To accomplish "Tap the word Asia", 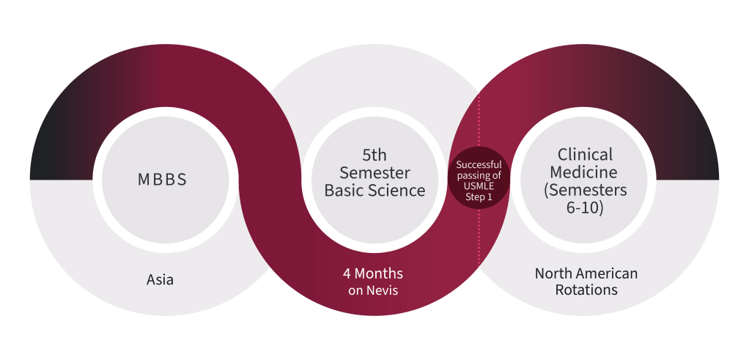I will [160, 279].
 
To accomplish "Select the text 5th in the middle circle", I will [375, 155].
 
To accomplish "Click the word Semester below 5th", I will [375, 173].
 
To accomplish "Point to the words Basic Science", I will [375, 191].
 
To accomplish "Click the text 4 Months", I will [373, 273].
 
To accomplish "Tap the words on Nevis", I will [373, 290].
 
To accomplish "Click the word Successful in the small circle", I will [479, 164].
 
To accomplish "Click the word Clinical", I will [586, 155].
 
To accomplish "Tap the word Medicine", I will [586, 173].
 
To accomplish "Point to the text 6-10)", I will [586, 208].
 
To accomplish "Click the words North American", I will [586, 273].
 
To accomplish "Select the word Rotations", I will [586, 290].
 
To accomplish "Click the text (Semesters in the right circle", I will [586, 191].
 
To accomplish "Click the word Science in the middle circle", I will [399, 191].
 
